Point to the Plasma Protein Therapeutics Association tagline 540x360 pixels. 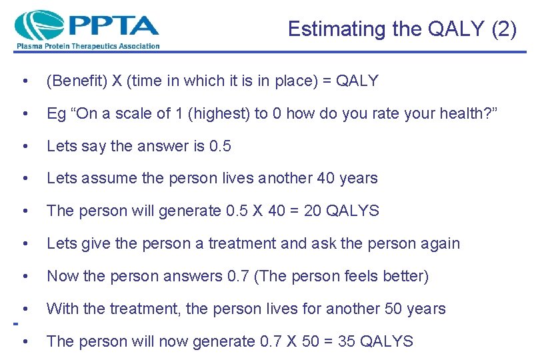(x=88, y=46)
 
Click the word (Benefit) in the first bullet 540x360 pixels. (x=76, y=81)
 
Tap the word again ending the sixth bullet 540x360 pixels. (x=439, y=243)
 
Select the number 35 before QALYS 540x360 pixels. (x=347, y=341)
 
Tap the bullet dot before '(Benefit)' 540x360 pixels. (x=25, y=82)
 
